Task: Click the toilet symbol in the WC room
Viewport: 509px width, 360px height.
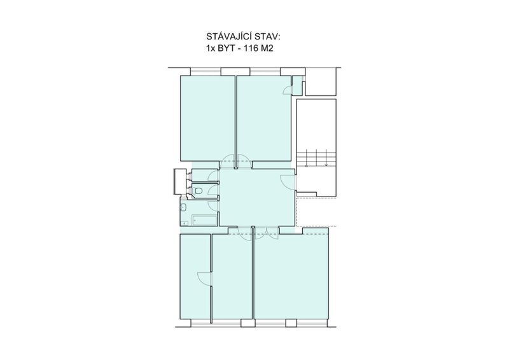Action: tap(198, 191)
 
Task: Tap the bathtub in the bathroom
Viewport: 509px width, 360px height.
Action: tap(204, 220)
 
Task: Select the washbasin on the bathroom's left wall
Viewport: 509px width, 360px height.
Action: tap(184, 207)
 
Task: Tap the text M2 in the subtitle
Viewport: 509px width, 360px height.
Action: tap(267, 48)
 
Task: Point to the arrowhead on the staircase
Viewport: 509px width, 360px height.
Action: tap(326, 165)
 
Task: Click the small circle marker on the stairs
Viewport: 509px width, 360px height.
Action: tap(307, 166)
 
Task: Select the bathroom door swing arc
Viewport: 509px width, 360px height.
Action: tap(213, 206)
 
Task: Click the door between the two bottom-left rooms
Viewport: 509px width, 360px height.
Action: tap(204, 279)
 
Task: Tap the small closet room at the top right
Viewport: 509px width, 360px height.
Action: tap(297, 85)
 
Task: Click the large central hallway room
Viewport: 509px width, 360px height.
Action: tap(257, 197)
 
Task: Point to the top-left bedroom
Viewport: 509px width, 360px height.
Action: tap(207, 118)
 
